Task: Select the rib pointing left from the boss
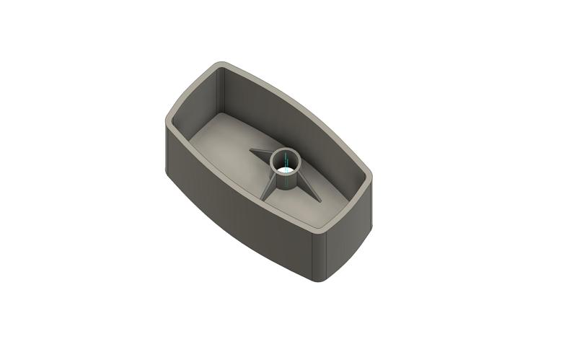(261, 154)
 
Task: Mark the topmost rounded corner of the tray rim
(216, 66)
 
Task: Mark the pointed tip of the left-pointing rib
(250, 151)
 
